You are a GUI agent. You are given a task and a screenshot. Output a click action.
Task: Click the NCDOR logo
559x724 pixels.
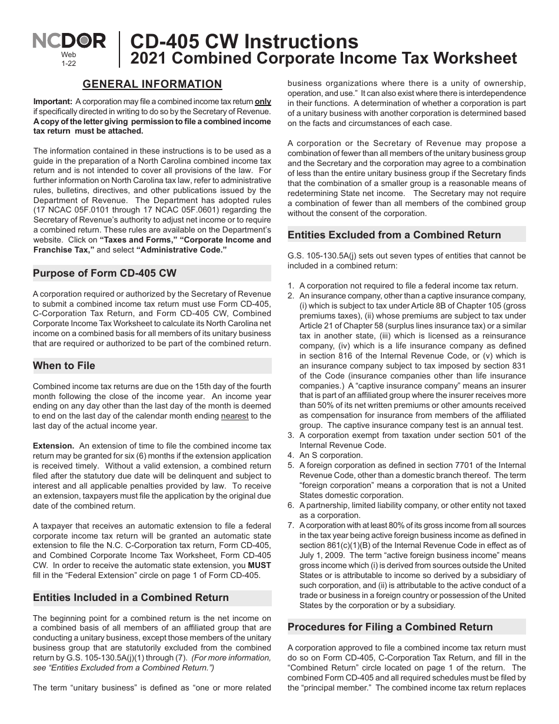[69, 41]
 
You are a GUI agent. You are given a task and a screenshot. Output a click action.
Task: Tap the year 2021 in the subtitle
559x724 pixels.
[147, 58]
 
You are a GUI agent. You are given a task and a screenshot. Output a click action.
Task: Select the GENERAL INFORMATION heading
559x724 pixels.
[152, 84]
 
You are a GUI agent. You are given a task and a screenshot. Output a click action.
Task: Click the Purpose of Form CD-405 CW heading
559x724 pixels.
[105, 273]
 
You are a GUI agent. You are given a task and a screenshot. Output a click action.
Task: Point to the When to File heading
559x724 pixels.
[64, 366]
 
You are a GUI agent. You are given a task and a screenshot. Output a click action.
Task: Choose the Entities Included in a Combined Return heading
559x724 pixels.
[131, 597]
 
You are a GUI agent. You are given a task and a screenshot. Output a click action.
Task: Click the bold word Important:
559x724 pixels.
[53, 101]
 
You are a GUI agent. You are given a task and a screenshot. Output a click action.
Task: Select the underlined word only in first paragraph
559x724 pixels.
[262, 101]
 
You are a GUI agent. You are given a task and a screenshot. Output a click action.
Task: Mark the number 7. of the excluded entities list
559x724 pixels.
[291, 525]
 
